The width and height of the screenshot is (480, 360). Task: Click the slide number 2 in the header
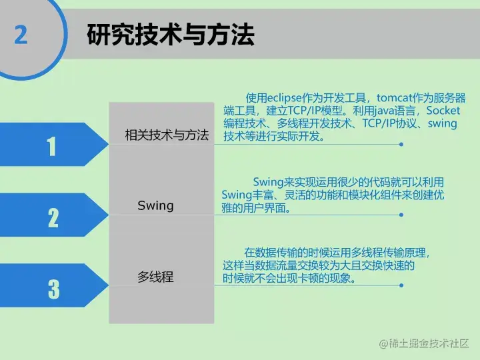(x=21, y=34)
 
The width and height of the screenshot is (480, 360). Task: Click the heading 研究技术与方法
(x=171, y=35)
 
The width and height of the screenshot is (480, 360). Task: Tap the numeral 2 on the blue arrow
(x=53, y=217)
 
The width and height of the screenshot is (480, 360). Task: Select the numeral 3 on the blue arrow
(x=53, y=289)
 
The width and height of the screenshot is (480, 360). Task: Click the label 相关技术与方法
(x=167, y=135)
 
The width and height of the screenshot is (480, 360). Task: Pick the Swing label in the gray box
(x=155, y=205)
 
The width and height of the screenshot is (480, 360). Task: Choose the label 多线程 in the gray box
(x=155, y=276)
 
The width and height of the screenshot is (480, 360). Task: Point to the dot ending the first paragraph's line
(x=402, y=144)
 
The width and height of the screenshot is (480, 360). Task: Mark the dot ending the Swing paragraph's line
(x=402, y=215)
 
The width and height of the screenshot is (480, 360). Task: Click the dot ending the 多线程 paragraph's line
(x=402, y=285)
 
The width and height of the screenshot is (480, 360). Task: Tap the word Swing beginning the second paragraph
(x=269, y=182)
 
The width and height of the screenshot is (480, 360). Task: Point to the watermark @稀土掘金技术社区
(x=424, y=343)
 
